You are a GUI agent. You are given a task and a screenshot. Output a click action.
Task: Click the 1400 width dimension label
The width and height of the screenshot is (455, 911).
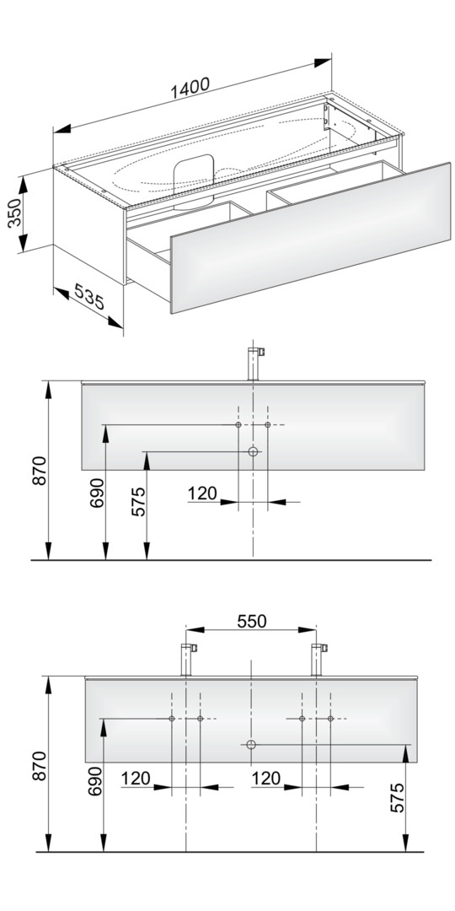pos(190,87)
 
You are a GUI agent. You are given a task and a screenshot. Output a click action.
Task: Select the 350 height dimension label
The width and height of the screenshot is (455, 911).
pos(15,212)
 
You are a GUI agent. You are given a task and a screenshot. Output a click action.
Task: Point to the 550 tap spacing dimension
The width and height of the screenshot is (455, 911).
pos(252,621)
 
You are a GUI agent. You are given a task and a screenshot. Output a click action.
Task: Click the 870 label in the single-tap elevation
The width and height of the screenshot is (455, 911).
pos(39,472)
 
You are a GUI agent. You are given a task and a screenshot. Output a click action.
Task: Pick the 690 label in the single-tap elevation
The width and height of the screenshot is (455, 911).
pos(96,493)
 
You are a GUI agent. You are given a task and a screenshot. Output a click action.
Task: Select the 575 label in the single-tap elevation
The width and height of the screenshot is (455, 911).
pos(137,501)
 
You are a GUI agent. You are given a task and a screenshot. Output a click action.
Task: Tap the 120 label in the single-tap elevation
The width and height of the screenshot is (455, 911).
pos(202,493)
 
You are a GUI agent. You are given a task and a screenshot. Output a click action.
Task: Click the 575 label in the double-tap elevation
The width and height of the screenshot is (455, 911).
pos(396,798)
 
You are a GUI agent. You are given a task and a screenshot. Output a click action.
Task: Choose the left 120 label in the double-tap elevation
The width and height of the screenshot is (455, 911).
pos(136,778)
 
